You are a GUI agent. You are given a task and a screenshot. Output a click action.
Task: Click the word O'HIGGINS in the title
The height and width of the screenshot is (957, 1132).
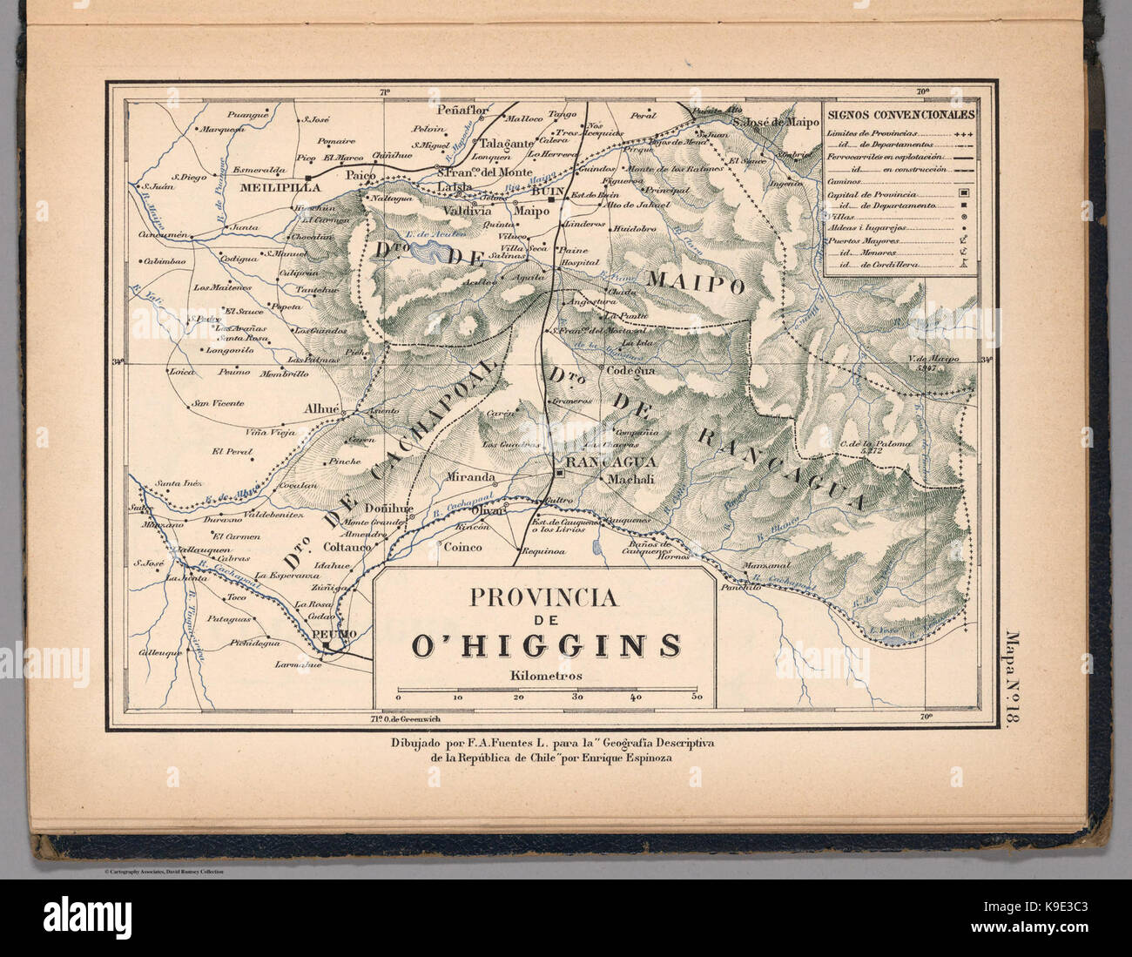[546, 645]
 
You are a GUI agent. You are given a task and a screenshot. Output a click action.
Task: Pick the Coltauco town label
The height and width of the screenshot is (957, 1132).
[347, 547]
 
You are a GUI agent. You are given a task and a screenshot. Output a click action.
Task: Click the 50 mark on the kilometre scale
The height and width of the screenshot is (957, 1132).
[696, 698]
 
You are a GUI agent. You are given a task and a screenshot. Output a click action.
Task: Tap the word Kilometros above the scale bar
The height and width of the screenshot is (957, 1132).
[547, 675]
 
